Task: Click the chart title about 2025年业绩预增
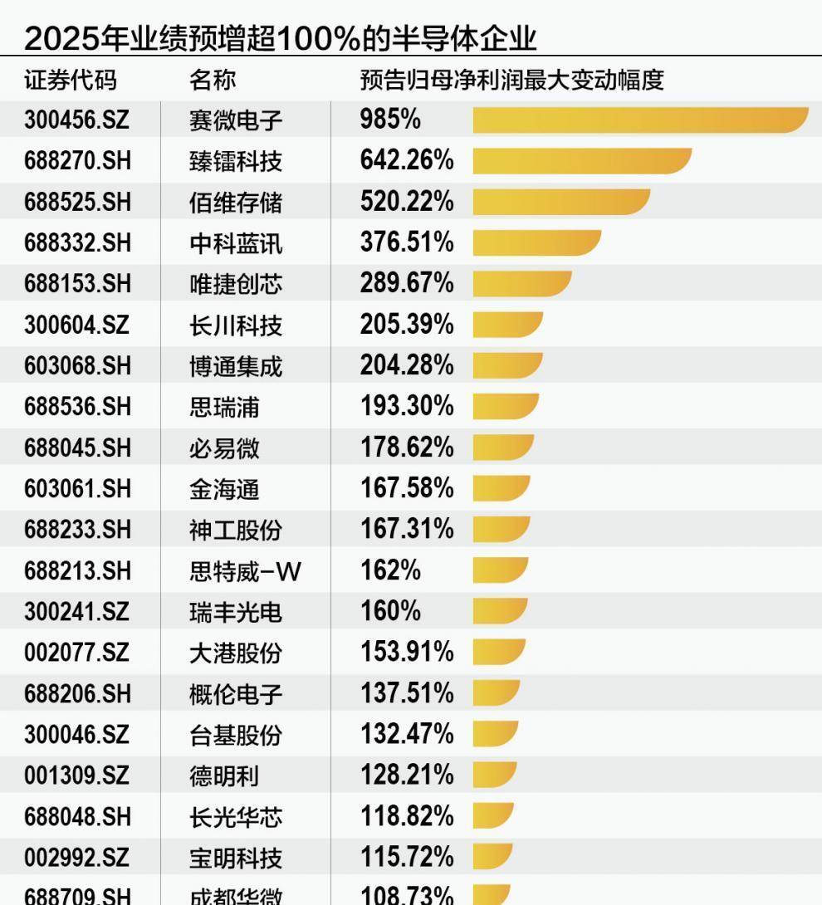coord(281,38)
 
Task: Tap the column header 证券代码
coord(71,81)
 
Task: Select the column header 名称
coord(213,81)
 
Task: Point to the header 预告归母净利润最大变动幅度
coord(511,81)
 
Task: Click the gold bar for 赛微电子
coord(639,120)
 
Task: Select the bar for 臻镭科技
coord(581,161)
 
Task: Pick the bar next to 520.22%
coord(560,202)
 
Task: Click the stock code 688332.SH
coord(77,242)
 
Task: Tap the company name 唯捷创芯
coord(236,284)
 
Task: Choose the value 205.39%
coord(407,325)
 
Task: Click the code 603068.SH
coord(77,365)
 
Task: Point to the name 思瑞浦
coord(224,407)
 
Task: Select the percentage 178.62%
coord(407,448)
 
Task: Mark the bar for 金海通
coord(501,488)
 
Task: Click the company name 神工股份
coord(236,530)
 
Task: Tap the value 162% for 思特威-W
coord(390,570)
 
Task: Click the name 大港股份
coord(236,653)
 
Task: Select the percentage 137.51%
coord(407,693)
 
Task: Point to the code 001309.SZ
coord(76,775)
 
